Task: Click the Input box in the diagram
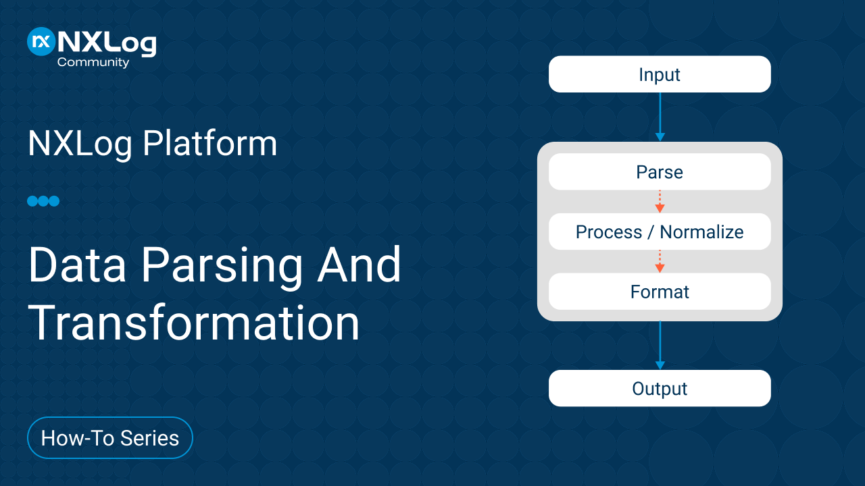pos(660,74)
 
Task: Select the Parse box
pos(660,171)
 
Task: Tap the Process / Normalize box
pos(660,232)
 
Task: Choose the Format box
pos(660,291)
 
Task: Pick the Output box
pos(660,388)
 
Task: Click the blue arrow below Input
pos(660,117)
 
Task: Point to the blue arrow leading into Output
pos(660,345)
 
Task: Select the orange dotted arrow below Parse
pos(660,201)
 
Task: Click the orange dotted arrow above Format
pos(660,261)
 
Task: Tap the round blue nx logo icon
pos(41,41)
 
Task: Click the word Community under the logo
pos(93,63)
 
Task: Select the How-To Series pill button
pos(110,438)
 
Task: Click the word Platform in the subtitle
pos(210,144)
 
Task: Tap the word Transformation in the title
pos(194,323)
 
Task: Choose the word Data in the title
pos(77,265)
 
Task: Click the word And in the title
pos(359,265)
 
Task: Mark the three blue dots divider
pos(43,201)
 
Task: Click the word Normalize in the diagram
pos(701,232)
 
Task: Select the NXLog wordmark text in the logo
pos(107,43)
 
